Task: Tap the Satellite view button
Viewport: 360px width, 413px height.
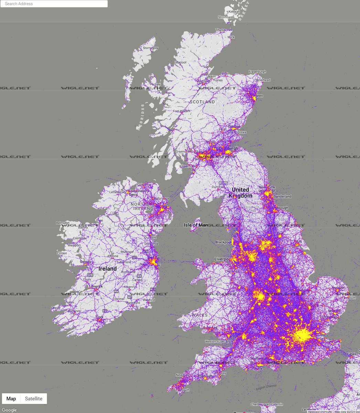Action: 34,399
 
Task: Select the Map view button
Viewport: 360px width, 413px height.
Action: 11,399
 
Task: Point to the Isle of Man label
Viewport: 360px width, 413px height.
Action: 196,225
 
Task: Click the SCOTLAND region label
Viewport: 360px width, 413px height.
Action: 202,102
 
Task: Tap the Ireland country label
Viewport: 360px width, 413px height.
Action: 107,268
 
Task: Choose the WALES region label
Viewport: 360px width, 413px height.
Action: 200,315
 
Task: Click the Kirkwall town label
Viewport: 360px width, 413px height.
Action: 234,11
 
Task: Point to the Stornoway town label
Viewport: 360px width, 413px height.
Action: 150,48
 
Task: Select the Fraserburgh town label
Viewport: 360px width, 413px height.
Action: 257,72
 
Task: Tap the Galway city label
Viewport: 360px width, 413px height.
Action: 85,262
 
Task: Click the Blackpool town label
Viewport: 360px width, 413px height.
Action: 224,242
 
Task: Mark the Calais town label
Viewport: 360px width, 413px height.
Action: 352,354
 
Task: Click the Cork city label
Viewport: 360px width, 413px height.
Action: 100,317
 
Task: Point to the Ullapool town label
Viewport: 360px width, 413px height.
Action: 180,62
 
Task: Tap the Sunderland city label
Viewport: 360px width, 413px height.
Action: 283,197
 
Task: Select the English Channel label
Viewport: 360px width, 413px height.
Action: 266,386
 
